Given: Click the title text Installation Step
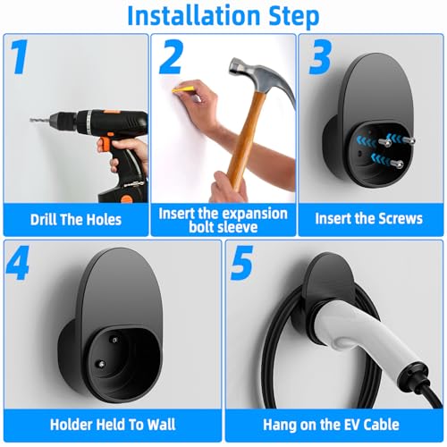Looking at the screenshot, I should (223, 15).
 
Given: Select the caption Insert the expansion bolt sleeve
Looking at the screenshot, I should (223, 220).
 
